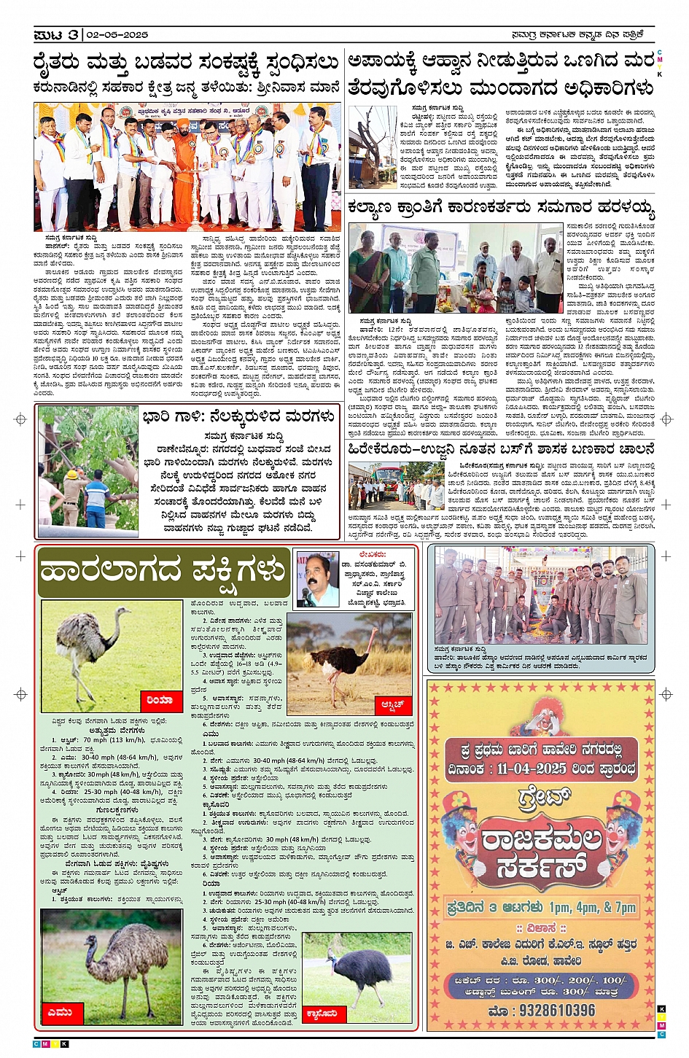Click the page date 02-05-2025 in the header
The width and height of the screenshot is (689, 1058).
(x=117, y=34)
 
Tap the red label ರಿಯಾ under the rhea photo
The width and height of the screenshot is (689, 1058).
(x=159, y=699)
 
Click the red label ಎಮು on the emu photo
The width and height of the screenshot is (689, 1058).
(x=60, y=1012)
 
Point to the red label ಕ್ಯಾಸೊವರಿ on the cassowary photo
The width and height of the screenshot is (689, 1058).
(x=322, y=1013)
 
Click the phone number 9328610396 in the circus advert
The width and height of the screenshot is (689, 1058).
(x=542, y=1011)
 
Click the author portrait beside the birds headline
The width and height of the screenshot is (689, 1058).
(x=317, y=579)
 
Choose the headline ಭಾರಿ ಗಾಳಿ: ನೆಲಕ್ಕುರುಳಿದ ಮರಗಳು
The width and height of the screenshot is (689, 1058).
(x=239, y=416)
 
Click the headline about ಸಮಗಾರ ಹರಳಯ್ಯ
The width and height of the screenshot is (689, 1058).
(x=501, y=209)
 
